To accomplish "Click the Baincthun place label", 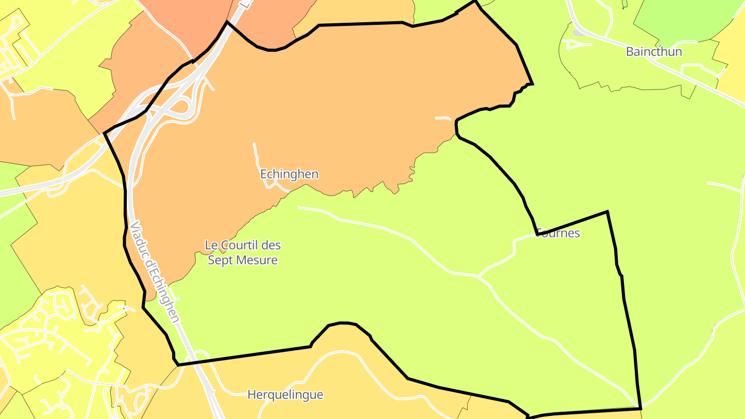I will [653, 52].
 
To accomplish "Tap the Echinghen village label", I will [289, 174].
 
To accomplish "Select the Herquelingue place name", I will [285, 395].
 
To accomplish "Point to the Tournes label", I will [559, 233].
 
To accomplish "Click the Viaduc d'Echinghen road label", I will [155, 272].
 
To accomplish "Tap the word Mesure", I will [259, 260].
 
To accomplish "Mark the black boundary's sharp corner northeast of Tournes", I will [607, 212].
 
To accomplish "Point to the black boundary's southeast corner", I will [640, 408].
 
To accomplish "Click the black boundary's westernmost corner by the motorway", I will [105, 133].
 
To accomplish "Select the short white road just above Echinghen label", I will [256, 155].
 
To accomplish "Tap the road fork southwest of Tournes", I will [479, 276].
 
